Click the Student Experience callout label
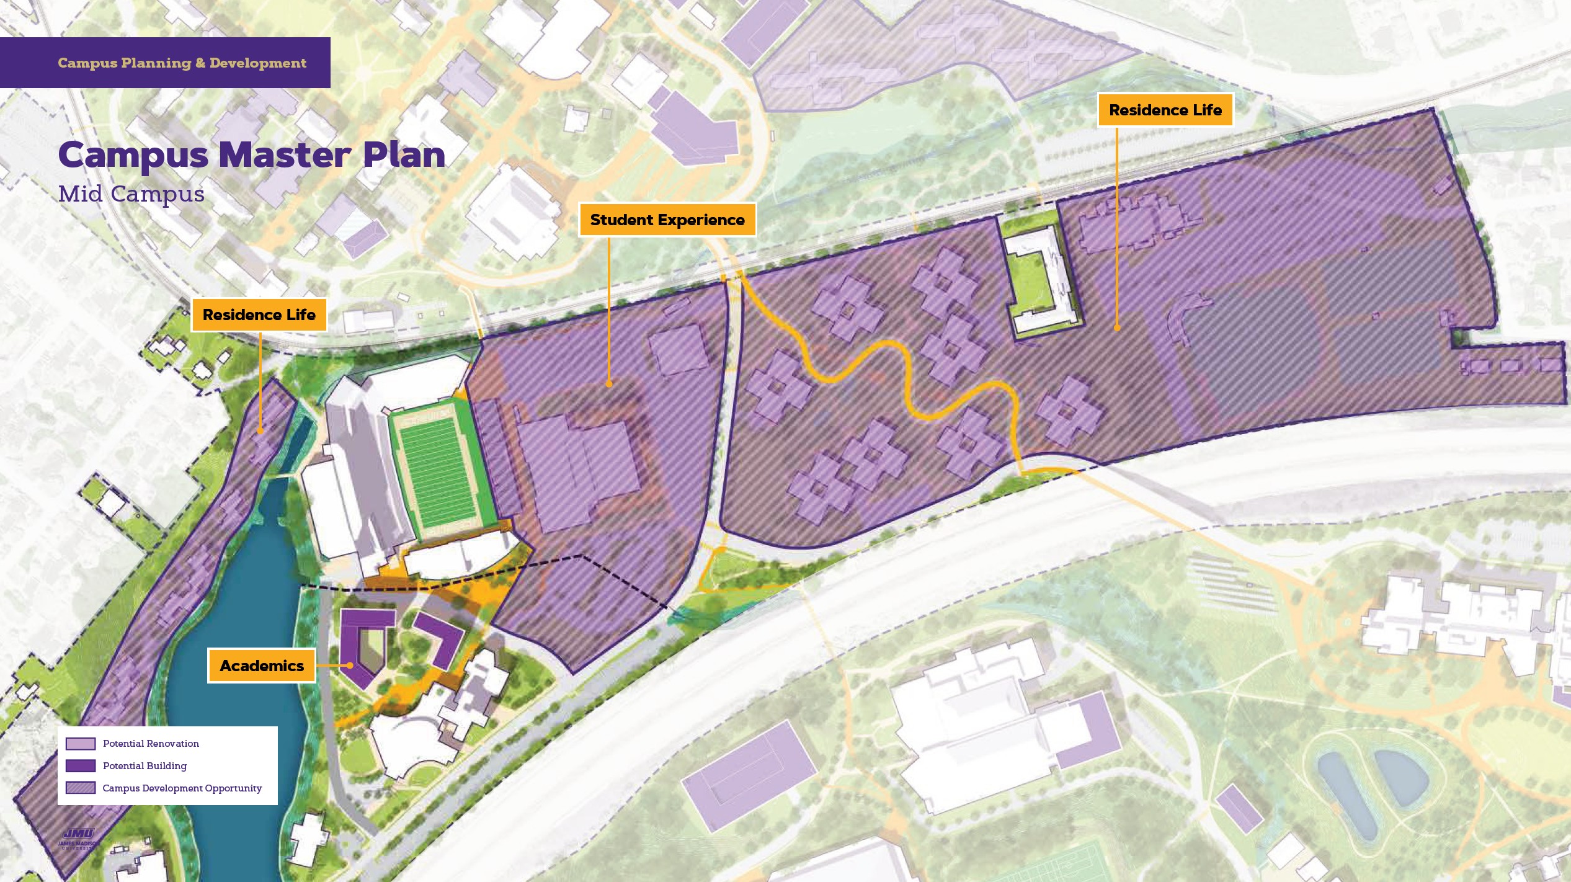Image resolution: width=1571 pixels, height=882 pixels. [x=667, y=220]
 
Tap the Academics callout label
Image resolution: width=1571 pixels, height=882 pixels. [x=262, y=666]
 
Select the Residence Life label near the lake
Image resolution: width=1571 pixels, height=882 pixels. [x=259, y=315]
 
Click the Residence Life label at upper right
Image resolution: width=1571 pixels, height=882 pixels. [x=1165, y=110]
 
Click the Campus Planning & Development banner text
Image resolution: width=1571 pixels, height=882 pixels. [x=182, y=63]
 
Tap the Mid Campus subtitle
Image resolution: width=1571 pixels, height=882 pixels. [x=131, y=194]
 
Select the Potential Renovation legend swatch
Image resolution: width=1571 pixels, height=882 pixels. [x=81, y=744]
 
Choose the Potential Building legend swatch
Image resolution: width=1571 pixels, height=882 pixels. [x=81, y=766]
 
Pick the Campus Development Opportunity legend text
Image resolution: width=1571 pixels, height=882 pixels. [x=182, y=788]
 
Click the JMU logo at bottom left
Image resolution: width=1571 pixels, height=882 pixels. [x=78, y=837]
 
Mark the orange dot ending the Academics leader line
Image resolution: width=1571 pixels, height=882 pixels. [x=350, y=666]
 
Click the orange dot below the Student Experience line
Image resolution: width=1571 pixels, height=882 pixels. [x=609, y=385]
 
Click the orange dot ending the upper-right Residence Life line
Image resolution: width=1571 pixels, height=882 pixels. [x=1116, y=327]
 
